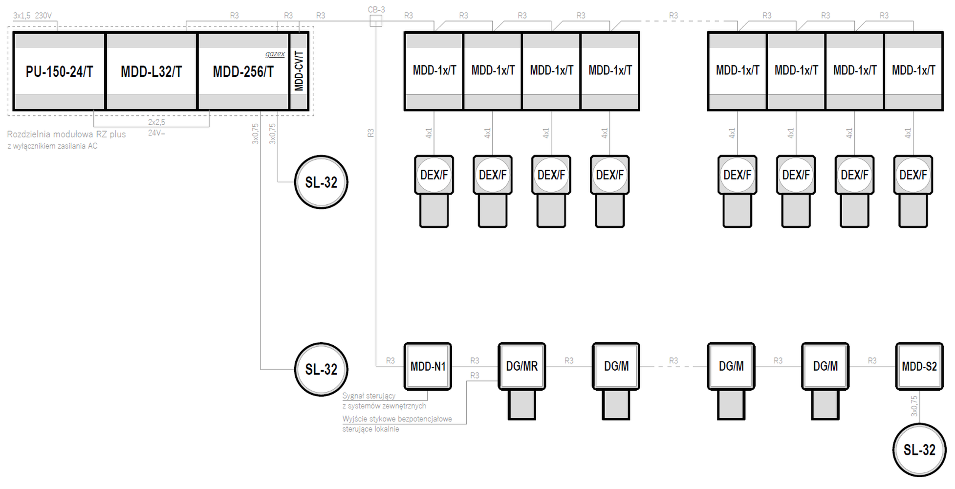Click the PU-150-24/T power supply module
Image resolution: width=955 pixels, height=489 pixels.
59,71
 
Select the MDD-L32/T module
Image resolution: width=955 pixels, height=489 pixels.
152,71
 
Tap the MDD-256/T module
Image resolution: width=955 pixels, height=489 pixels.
243,71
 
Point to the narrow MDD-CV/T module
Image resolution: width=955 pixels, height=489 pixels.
299,71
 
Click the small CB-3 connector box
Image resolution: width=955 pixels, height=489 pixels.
376,21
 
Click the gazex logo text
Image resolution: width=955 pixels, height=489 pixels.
275,54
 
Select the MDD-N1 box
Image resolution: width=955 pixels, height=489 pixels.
428,366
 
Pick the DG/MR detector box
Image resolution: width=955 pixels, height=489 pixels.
522,366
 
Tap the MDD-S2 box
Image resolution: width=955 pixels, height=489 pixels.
919,366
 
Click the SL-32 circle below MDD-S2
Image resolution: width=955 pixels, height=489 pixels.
919,450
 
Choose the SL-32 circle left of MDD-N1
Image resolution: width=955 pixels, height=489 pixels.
321,369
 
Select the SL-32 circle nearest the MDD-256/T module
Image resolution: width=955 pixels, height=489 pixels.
321,182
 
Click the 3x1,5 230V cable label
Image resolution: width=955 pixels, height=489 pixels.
32,16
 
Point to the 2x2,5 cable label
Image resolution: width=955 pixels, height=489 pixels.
156,122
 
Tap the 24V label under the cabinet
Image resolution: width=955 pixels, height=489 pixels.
156,133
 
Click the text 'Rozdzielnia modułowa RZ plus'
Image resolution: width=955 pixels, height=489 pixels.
66,134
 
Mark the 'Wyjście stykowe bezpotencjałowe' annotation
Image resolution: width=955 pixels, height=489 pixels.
397,419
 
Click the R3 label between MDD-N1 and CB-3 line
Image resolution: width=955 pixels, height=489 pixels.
391,361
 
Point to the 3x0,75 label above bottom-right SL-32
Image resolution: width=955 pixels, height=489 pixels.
914,406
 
